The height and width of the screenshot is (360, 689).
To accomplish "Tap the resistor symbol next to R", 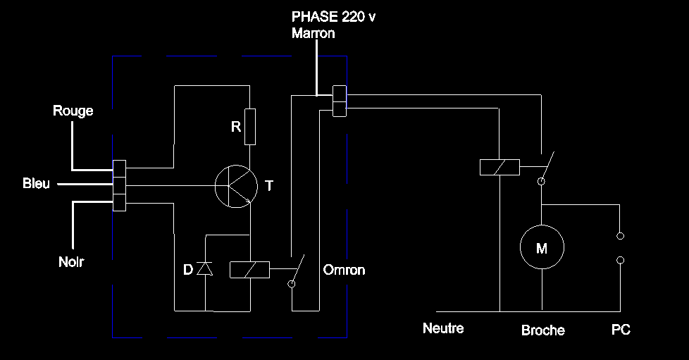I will point(249,127).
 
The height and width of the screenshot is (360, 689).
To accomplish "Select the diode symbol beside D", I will point(205,268).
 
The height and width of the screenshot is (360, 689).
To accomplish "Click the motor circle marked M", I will point(542,247).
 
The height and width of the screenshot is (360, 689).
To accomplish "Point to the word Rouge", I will point(73,111).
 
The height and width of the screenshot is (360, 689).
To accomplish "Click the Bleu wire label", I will point(37,184).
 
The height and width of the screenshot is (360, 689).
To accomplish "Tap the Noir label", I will point(72,262).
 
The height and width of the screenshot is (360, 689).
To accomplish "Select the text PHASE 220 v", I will point(334,18).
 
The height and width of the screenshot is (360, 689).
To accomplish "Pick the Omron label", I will point(344,271).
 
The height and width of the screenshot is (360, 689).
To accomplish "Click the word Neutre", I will point(443,328).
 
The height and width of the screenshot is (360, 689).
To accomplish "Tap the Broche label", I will point(543,330).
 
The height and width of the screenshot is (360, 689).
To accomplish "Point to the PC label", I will point(621,330).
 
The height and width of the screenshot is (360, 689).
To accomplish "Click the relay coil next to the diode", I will point(250,269).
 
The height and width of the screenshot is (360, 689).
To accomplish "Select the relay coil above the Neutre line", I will point(499,167).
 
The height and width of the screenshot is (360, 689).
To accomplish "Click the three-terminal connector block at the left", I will point(119,185).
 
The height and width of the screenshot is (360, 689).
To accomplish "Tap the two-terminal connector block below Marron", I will point(339,100).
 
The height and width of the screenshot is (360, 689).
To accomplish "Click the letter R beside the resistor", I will point(236,127).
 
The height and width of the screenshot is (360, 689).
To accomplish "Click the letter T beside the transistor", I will point(268,186).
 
